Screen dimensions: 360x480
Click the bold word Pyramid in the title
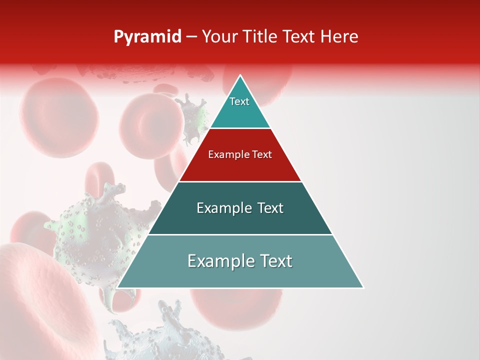(x=147, y=37)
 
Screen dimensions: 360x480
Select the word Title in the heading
(x=261, y=37)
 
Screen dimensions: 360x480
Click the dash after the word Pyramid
(x=191, y=37)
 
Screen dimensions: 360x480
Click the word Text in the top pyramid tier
(x=239, y=101)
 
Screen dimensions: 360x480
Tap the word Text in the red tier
(x=261, y=155)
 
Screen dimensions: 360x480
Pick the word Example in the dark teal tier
(x=222, y=208)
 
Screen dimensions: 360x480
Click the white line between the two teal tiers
(x=240, y=234)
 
